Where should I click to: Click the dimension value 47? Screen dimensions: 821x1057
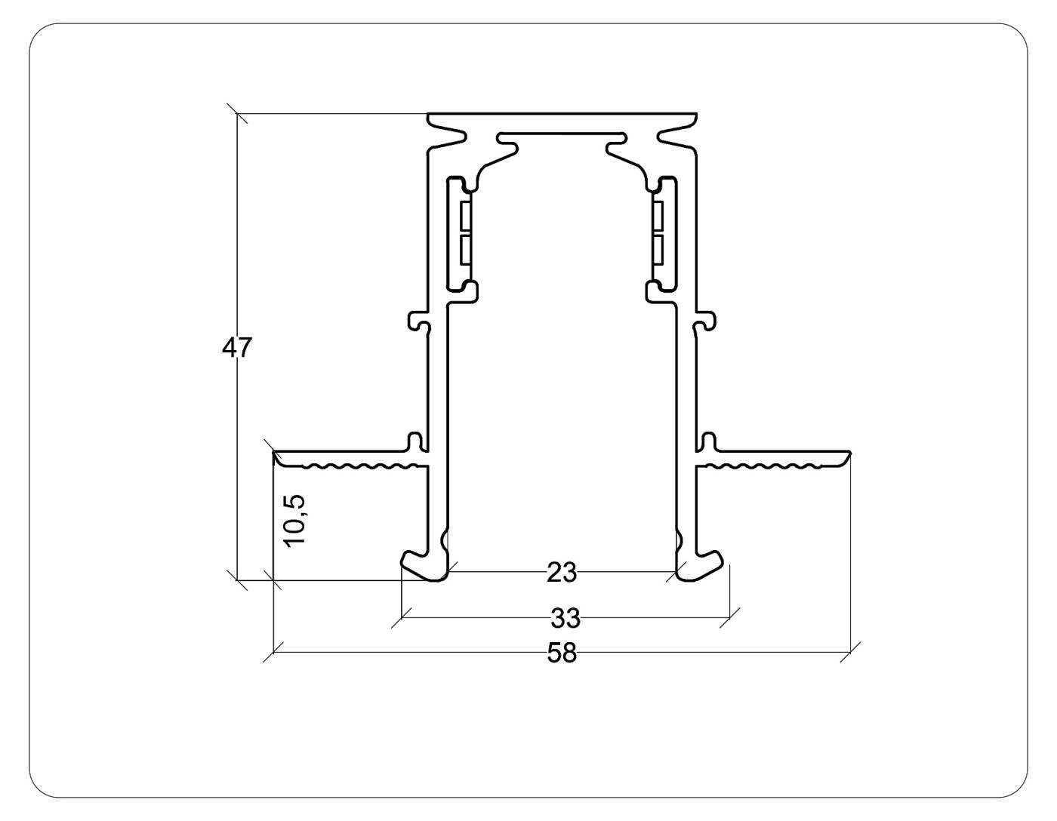[237, 348]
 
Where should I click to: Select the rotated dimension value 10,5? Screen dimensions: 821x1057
[294, 520]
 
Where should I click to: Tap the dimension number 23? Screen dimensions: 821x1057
[561, 573]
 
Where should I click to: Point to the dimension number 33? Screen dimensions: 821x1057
[565, 618]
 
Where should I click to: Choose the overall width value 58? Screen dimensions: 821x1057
[562, 653]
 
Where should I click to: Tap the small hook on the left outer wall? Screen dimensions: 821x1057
[420, 321]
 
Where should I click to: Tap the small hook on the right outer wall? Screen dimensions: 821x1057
[704, 321]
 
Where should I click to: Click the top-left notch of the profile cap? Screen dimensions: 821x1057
[448, 136]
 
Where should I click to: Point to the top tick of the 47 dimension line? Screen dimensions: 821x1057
[238, 114]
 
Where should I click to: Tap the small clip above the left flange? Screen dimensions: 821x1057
[414, 440]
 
